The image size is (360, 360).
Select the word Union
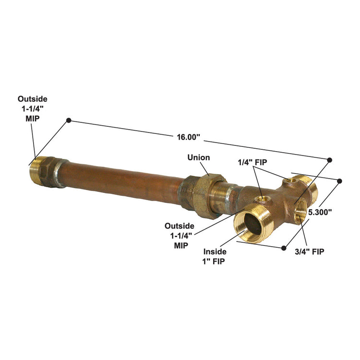(198, 157)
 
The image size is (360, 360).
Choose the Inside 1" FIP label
(214, 256)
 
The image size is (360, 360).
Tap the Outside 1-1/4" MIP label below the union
(180, 234)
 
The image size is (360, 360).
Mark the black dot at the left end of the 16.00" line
(69, 120)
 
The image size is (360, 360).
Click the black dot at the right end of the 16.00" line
(330, 159)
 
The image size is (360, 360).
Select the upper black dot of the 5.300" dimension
(340, 181)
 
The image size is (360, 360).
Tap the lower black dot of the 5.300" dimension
(284, 248)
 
